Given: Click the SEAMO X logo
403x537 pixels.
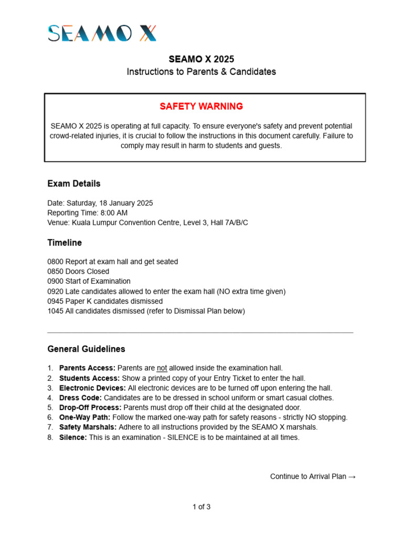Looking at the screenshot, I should pos(102,34).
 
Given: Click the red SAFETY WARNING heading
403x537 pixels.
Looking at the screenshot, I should pos(201,106).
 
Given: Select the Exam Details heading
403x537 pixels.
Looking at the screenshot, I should pos(73,184).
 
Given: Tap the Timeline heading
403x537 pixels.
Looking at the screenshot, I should pos(65,243).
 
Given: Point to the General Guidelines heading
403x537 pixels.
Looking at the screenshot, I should pos(86,349).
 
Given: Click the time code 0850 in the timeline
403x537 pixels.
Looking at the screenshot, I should pos(55,272).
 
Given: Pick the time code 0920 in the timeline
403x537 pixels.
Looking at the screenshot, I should pos(55,292).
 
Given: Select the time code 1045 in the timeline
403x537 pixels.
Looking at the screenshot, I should pos(55,311).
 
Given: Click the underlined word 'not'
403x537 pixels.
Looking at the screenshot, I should pos(162,368).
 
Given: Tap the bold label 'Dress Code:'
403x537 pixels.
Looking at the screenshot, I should pos(80,398).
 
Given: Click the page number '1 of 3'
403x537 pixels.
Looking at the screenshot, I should pos(201,507).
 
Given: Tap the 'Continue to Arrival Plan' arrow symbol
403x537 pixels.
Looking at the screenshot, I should pos(352,477).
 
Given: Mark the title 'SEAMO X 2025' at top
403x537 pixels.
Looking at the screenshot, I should pos(201,59).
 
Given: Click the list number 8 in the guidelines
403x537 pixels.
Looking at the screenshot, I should pos(50,437).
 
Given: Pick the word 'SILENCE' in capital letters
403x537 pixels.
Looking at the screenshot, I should pos(182,437).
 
